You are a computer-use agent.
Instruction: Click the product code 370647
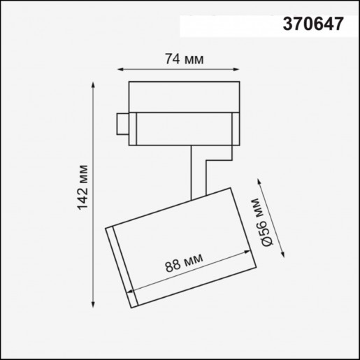click(x=312, y=25)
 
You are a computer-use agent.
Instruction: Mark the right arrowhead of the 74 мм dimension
click(x=242, y=69)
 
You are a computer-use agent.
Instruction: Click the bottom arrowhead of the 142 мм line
click(x=94, y=305)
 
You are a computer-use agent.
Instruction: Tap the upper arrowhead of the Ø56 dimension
click(x=259, y=181)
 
